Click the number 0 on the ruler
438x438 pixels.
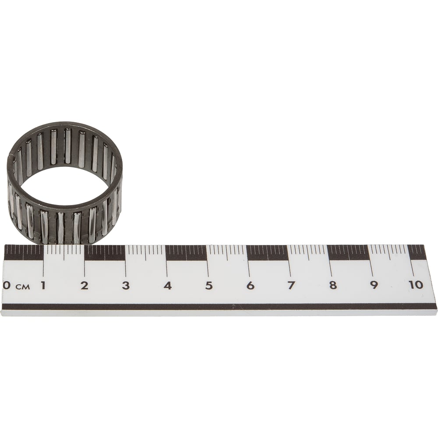pos(7,286)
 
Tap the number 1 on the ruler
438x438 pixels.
pos(43,285)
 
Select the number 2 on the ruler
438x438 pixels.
pos(85,285)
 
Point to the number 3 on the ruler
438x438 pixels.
pos(126,285)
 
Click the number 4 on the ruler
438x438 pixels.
pos(168,285)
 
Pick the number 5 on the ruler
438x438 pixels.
pos(209,285)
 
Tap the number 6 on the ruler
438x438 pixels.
pos(250,285)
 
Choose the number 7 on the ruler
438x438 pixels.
pos(291,285)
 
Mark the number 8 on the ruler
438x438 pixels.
pos(333,285)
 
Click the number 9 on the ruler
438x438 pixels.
pos(374,285)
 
